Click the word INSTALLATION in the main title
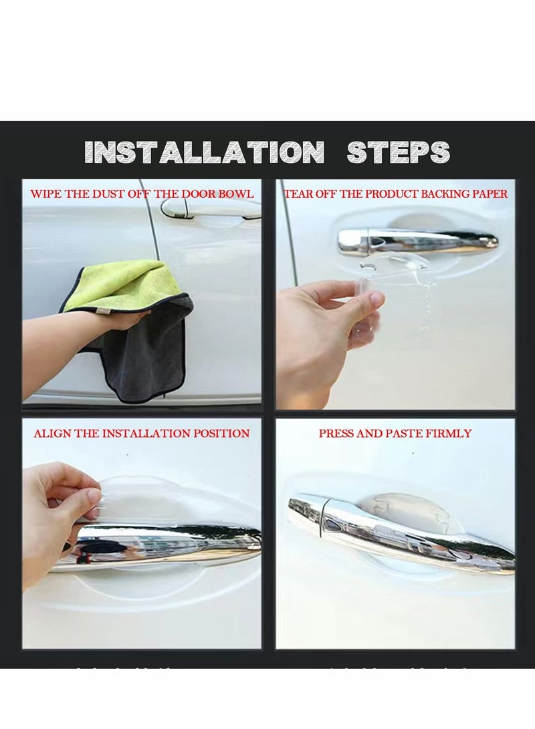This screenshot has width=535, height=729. tap(205, 152)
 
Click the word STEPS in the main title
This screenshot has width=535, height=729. tap(398, 152)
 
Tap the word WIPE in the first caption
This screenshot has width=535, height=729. tap(45, 194)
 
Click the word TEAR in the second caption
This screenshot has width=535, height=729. tap(299, 194)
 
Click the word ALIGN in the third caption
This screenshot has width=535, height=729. tap(51, 434)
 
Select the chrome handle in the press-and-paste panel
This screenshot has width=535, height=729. tap(401, 535)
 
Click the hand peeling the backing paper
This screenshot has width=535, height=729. tap(328, 321)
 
